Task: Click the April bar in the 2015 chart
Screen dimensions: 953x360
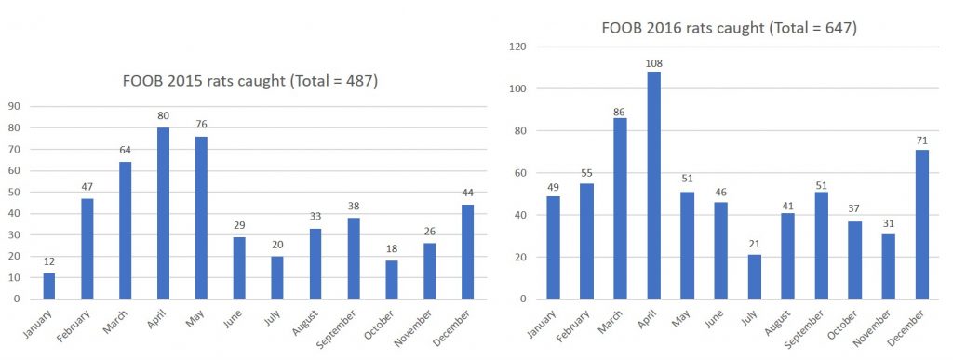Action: click(163, 213)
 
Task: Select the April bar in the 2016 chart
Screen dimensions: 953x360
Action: click(654, 185)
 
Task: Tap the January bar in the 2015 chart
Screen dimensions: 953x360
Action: click(48, 286)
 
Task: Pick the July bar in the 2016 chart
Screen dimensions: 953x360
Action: click(754, 277)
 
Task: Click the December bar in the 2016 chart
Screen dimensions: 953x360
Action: click(922, 224)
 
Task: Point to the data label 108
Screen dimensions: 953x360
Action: click(654, 63)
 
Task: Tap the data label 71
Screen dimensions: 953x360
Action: click(922, 140)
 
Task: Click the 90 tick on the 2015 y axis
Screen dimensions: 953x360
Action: click(13, 106)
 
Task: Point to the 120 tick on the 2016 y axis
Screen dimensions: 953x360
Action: click(517, 47)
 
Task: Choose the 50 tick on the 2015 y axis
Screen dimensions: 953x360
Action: click(13, 192)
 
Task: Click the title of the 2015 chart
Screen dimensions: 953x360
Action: click(250, 81)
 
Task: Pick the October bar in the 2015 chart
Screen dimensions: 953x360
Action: click(392, 280)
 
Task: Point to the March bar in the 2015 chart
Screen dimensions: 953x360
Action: click(125, 231)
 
